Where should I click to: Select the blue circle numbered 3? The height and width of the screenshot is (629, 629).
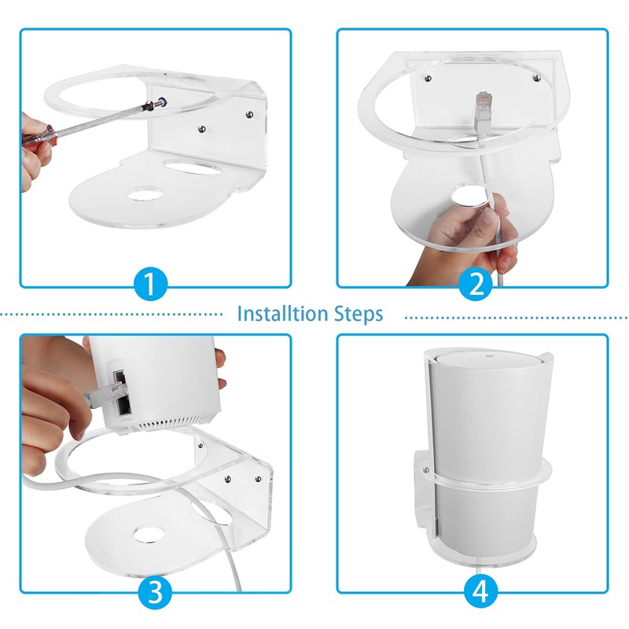(155, 590)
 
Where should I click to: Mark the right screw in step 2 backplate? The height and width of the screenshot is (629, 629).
(536, 77)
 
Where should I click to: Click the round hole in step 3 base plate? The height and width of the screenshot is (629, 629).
(147, 535)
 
